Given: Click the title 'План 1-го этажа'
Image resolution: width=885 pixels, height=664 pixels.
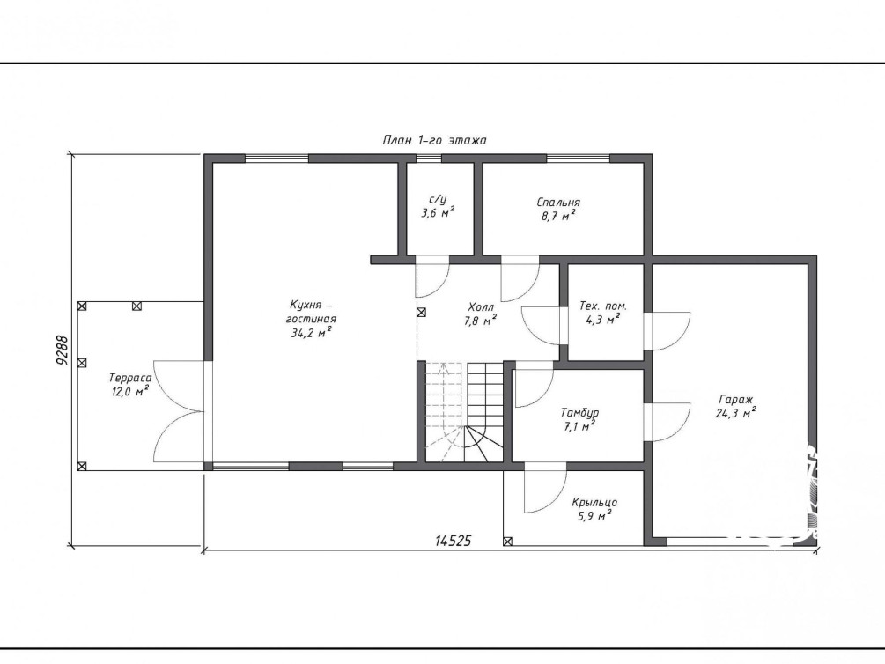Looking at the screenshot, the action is (x=434, y=140).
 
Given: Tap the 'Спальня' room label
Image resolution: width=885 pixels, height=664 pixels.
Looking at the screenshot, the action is (x=558, y=203).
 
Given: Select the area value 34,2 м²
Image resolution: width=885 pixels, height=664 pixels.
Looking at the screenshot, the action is (x=311, y=333).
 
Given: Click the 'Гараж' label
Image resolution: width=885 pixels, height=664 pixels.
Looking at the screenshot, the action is (x=736, y=400).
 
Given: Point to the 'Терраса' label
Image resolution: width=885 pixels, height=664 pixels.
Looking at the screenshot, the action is (x=130, y=379).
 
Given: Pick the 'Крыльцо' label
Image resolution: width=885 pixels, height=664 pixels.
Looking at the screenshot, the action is (x=594, y=503).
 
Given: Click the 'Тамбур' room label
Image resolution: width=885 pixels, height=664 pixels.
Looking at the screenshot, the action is (x=580, y=413).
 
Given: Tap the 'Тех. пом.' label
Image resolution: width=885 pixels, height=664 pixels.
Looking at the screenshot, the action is (x=603, y=306).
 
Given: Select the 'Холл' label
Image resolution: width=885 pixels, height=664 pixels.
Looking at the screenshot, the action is (x=481, y=307).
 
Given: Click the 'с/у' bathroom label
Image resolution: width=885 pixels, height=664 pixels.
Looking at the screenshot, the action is (x=438, y=200).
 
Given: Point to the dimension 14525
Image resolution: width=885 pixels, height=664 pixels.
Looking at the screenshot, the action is (x=454, y=541).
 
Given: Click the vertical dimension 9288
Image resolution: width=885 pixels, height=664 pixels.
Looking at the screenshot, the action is (x=63, y=350).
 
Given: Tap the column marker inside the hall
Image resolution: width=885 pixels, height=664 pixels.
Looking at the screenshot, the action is (x=421, y=313).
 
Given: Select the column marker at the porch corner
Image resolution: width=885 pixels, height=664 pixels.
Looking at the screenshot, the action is (x=507, y=542).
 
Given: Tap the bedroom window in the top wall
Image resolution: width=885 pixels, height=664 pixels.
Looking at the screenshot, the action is (x=578, y=159).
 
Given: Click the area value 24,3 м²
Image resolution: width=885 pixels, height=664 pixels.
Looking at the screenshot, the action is (x=736, y=413).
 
